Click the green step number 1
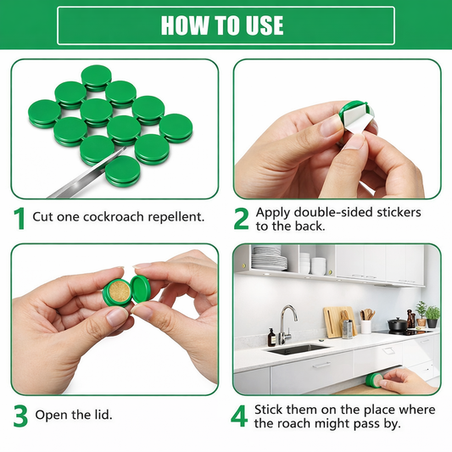(x=19, y=217)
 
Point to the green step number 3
(x=20, y=416)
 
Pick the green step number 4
(x=241, y=416)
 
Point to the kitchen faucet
(x=285, y=322)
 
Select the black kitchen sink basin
(x=297, y=349)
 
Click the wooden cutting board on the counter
(x=335, y=321)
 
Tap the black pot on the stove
(x=397, y=323)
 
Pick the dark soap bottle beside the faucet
(x=271, y=337)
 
